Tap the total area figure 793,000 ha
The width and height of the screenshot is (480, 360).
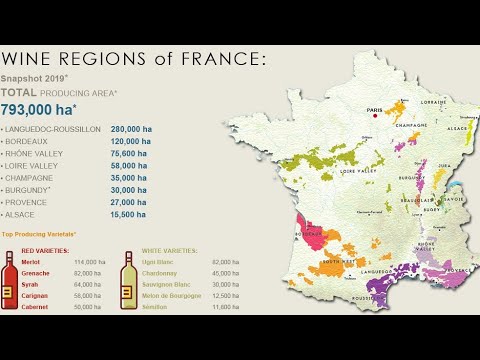pyautogui.click(x=40, y=110)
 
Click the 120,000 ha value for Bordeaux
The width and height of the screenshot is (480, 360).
pyautogui.click(x=130, y=142)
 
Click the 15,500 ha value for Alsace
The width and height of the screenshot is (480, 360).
pyautogui.click(x=127, y=214)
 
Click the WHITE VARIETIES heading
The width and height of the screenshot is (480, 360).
pyautogui.click(x=169, y=251)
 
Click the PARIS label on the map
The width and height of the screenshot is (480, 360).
pyautogui.click(x=375, y=109)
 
